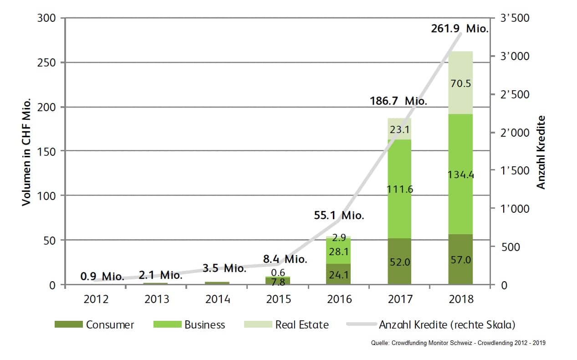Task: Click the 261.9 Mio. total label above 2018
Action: [460, 29]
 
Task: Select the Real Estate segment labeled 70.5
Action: [460, 84]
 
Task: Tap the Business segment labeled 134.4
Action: [460, 174]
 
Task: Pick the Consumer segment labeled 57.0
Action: [460, 260]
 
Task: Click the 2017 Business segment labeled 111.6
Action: [399, 189]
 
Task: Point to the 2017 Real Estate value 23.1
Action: [399, 129]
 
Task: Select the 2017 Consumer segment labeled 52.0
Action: [399, 262]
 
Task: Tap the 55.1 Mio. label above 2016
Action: [339, 216]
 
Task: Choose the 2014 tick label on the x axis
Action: [218, 299]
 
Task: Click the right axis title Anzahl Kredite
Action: [541, 152]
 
